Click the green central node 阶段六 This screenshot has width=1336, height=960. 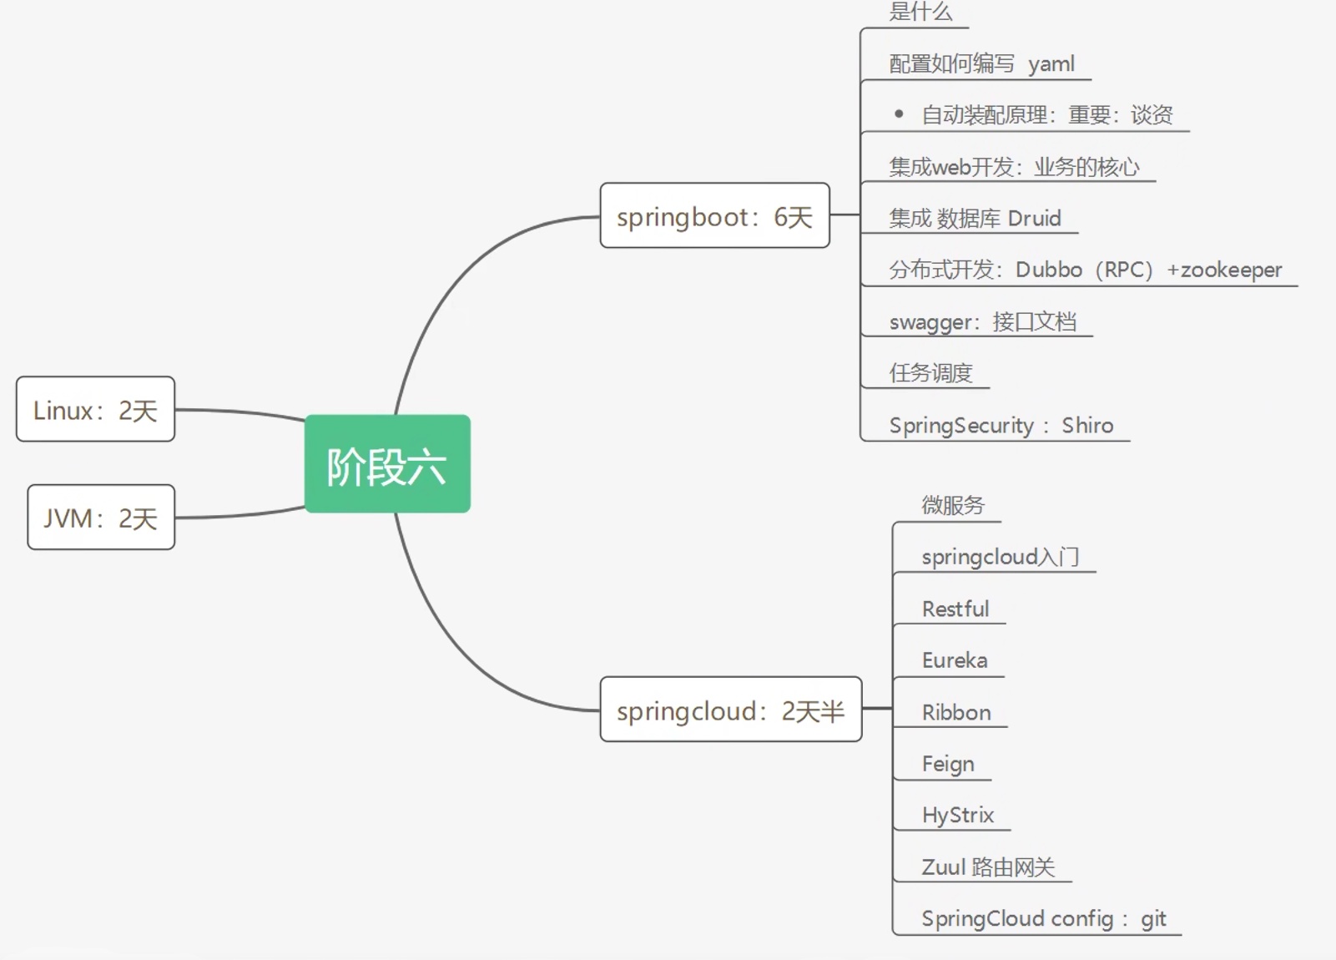[387, 464]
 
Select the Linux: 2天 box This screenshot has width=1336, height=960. [95, 410]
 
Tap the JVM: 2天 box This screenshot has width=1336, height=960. [101, 518]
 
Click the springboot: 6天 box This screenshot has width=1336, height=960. [714, 216]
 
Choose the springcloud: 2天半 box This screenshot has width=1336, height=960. [730, 710]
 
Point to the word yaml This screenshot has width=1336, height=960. [1051, 64]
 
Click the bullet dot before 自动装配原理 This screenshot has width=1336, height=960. [899, 114]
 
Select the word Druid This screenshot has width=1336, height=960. [1034, 219]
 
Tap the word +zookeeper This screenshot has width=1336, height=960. [1224, 270]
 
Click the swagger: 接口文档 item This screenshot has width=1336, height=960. [982, 322]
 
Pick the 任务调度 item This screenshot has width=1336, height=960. [930, 373]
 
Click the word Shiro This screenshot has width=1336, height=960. [1087, 426]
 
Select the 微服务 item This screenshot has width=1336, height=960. [953, 505]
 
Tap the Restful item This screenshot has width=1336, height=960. [955, 609]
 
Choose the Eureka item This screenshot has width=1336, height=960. [954, 660]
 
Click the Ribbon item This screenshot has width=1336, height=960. [956, 713]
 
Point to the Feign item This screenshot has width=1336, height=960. [948, 765]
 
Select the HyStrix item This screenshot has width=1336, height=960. [957, 816]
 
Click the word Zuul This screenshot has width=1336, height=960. [943, 867]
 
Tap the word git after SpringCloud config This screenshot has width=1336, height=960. [1153, 919]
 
